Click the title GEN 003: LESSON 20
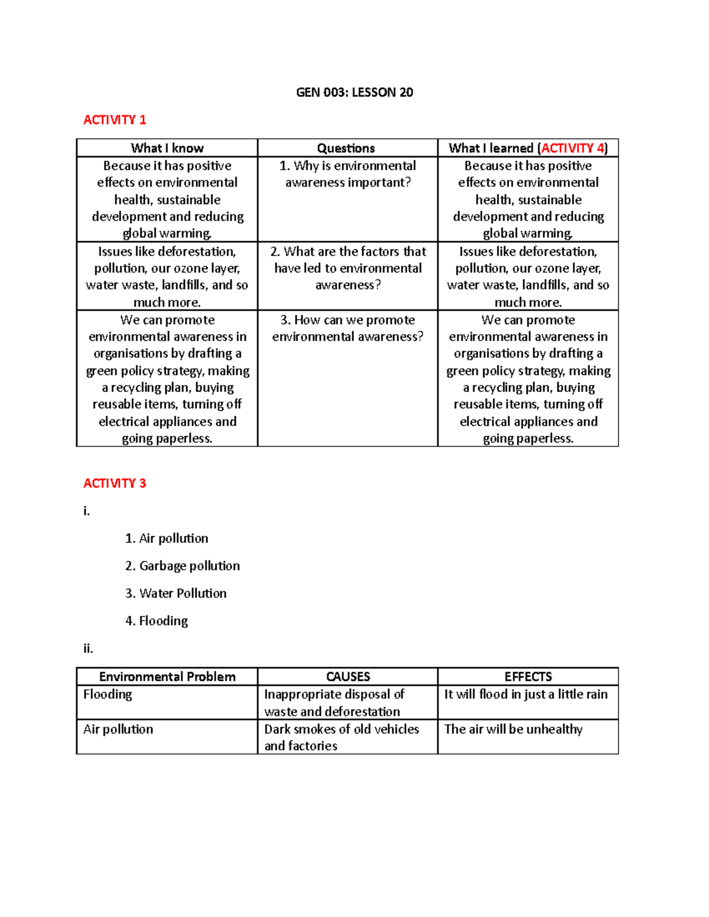pos(354,92)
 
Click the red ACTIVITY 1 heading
pos(115,120)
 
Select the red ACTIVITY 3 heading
pos(115,484)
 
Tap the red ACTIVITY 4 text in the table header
pos(573,148)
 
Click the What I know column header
pos(167,148)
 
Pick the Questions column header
pos(346,148)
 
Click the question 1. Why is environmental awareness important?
pos(347,174)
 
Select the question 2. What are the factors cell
pos(347,268)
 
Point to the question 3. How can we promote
pos(347,328)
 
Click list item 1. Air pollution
pos(167,539)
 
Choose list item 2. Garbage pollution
pos(183,566)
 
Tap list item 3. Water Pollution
pos(175,593)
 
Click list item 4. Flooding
pos(157,621)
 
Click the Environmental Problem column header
pos(167,677)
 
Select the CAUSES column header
pos(348,677)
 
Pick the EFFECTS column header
pos(528,677)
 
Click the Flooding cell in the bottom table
pos(108,694)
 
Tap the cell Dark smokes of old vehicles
pos(342,737)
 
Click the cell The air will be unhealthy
pos(513,729)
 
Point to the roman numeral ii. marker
pos(89,648)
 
